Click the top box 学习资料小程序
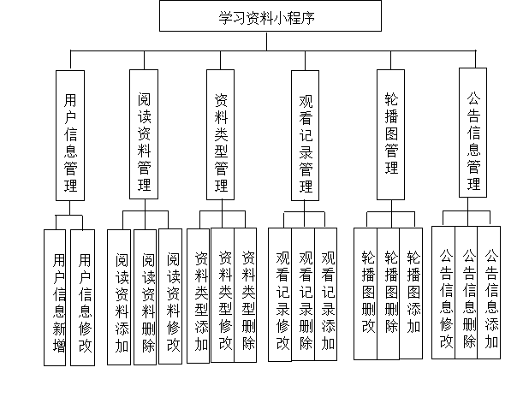pos(270,17)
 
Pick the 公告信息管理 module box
pos(473,133)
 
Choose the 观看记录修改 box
pos(282,295)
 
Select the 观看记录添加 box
pos(328,295)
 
